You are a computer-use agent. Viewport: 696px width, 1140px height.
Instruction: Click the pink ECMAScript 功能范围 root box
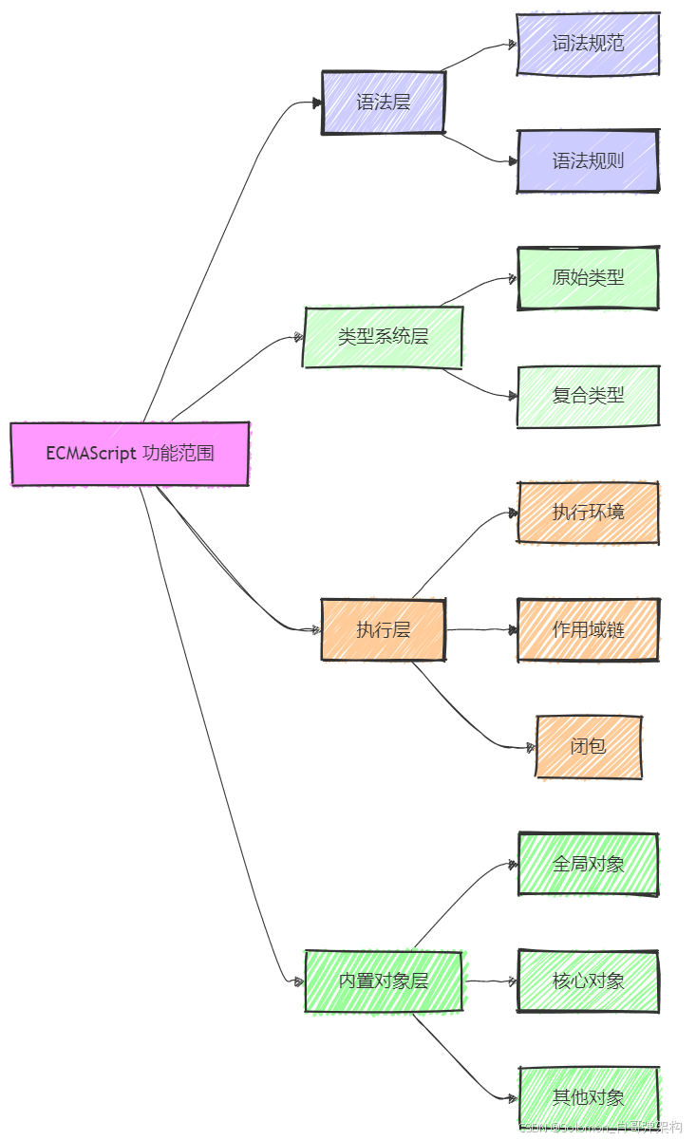tap(130, 454)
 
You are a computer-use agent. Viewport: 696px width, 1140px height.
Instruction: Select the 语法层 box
tap(384, 102)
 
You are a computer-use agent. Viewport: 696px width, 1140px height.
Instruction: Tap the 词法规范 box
tap(588, 44)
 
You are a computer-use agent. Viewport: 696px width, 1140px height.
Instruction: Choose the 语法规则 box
tap(588, 160)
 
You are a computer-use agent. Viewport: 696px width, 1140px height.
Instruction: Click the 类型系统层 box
tap(383, 337)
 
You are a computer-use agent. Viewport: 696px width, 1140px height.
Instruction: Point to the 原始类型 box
tap(588, 278)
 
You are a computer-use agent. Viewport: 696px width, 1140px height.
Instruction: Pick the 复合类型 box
tap(588, 396)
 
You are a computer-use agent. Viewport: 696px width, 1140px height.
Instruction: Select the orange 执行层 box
tap(384, 629)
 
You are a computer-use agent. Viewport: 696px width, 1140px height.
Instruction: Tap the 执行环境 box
tap(588, 513)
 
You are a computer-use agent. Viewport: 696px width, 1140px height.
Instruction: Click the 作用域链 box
tap(588, 629)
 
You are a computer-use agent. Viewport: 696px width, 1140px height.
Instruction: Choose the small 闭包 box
tap(589, 746)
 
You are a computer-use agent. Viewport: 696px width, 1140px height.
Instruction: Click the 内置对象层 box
tap(383, 981)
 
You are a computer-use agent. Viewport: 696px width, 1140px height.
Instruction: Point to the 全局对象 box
tap(588, 864)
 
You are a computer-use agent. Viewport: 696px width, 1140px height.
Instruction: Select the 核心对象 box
tap(588, 981)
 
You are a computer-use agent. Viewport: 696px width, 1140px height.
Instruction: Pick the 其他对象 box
tap(588, 1098)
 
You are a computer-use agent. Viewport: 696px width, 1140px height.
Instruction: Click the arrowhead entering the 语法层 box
tap(317, 103)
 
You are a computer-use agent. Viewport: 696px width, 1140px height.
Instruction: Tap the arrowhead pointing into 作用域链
tap(513, 629)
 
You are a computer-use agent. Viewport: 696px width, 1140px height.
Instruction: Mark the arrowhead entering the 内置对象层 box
tap(300, 981)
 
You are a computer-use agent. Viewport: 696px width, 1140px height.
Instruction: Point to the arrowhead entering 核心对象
tap(513, 981)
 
